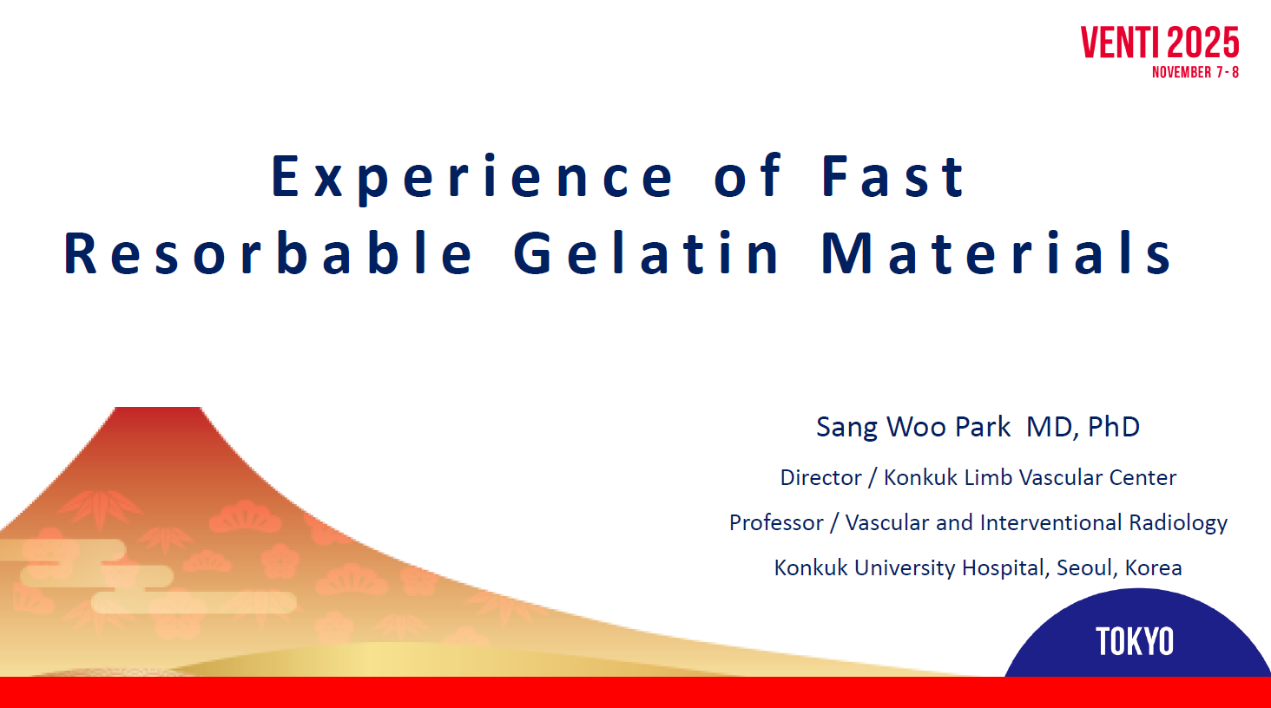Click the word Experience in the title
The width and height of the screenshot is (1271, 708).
tap(472, 177)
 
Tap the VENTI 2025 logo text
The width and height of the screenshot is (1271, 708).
tap(1160, 43)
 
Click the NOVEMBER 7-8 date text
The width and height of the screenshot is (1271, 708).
tap(1195, 73)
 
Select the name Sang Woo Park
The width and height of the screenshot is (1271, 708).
tap(913, 428)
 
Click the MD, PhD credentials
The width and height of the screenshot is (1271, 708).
tap(1083, 427)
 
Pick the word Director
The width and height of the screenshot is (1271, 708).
tap(820, 477)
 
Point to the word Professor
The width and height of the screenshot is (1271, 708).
tap(775, 522)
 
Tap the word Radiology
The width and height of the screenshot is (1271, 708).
tap(1178, 523)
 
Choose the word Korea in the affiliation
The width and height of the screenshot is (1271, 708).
tap(1153, 567)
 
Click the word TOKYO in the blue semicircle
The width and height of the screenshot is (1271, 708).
tap(1134, 642)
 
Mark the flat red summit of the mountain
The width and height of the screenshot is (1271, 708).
tap(158, 410)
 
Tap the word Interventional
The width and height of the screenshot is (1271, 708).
tap(1050, 522)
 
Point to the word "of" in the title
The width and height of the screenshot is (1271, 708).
tap(747, 176)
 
